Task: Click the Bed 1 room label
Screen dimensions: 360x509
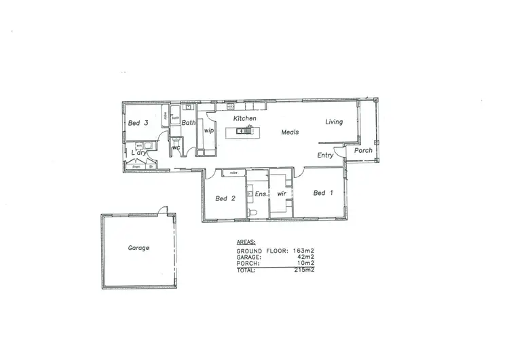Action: (x=323, y=193)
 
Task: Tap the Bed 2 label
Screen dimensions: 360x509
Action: (x=225, y=198)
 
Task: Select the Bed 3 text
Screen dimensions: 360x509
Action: (x=138, y=123)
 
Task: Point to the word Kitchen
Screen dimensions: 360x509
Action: (x=245, y=118)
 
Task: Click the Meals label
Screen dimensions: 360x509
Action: (x=291, y=132)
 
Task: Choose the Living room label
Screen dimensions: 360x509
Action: (x=334, y=122)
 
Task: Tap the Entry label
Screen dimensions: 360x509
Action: (x=326, y=155)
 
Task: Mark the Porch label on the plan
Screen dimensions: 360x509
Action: (x=363, y=150)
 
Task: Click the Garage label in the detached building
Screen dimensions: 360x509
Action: (x=138, y=248)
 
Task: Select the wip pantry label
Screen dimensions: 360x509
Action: (x=209, y=130)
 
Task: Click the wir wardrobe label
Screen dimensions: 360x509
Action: (x=281, y=194)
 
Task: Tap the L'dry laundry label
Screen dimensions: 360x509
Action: (x=139, y=154)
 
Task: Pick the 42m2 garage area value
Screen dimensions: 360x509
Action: (x=307, y=257)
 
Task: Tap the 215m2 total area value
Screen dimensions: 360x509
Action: (x=304, y=270)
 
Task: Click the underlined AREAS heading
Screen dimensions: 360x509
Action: (x=246, y=242)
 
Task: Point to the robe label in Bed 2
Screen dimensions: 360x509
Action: (x=233, y=173)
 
